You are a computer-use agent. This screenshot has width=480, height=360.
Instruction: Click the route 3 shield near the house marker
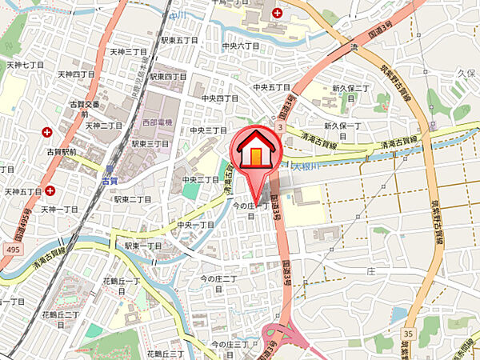coord(280,127)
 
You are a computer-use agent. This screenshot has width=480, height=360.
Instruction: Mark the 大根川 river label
coord(305,167)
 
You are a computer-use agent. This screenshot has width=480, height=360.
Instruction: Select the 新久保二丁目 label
coord(350,88)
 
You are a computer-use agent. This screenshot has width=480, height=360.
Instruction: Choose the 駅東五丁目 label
coord(178,40)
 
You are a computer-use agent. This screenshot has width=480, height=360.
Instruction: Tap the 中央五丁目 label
coord(270,86)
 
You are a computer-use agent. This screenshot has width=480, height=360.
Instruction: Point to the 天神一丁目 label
coord(59,209)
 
